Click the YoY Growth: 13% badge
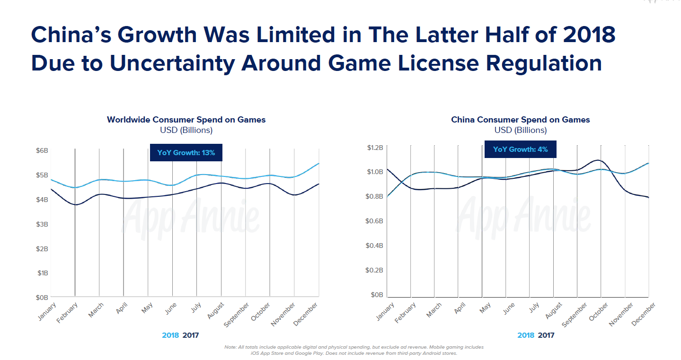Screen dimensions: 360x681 pos(186,153)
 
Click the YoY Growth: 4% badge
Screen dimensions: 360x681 pos(520,149)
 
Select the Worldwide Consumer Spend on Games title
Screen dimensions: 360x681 pos(186,120)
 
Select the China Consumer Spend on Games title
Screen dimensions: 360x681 pos(520,120)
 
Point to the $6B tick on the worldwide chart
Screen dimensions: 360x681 pos(42,150)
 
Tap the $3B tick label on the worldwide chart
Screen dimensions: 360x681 pos(42,224)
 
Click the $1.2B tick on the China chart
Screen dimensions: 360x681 pos(375,148)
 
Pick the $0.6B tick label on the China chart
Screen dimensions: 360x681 pos(375,221)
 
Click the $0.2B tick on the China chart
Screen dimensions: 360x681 pos(375,270)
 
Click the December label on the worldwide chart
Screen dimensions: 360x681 pos(307,314)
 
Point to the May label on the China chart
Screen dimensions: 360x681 pos(484,309)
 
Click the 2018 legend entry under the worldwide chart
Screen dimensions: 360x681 pos(170,335)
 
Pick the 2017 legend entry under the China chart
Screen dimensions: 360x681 pos(546,335)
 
